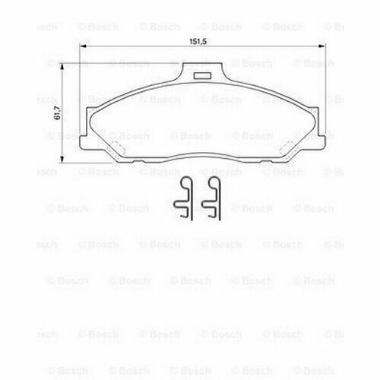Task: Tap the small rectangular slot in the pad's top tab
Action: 202,75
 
